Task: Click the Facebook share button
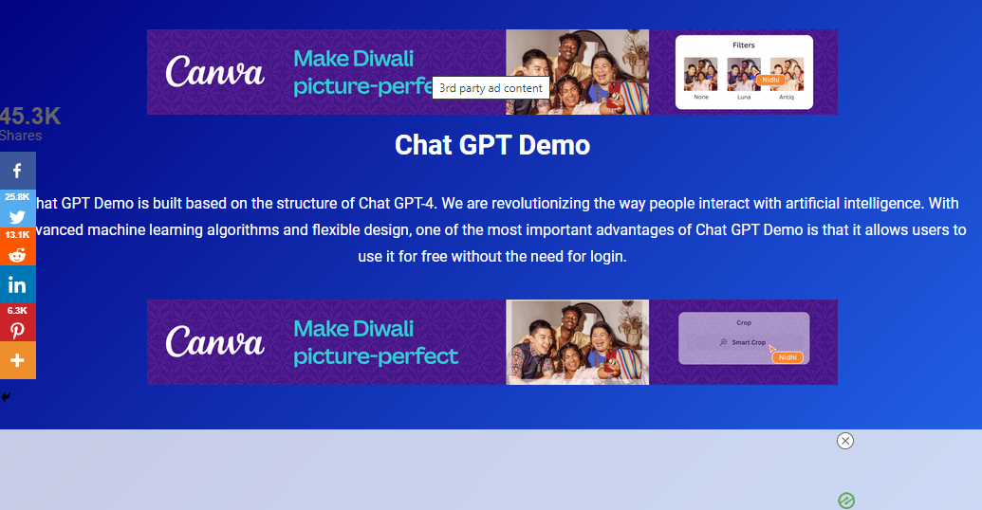coord(17,171)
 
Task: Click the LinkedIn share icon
coord(17,284)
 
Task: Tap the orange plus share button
coord(17,360)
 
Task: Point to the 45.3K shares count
coord(30,117)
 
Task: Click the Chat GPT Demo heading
coord(491,145)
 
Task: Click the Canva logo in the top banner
coord(214,73)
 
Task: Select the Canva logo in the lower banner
coord(214,342)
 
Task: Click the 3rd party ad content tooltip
coord(491,88)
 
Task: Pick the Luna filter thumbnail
coord(743,74)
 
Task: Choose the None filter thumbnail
coord(700,74)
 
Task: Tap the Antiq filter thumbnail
coord(787,74)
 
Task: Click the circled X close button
coord(845,441)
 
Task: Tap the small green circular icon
coord(846,501)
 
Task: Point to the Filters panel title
coord(744,46)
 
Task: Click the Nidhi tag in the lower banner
coord(787,357)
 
